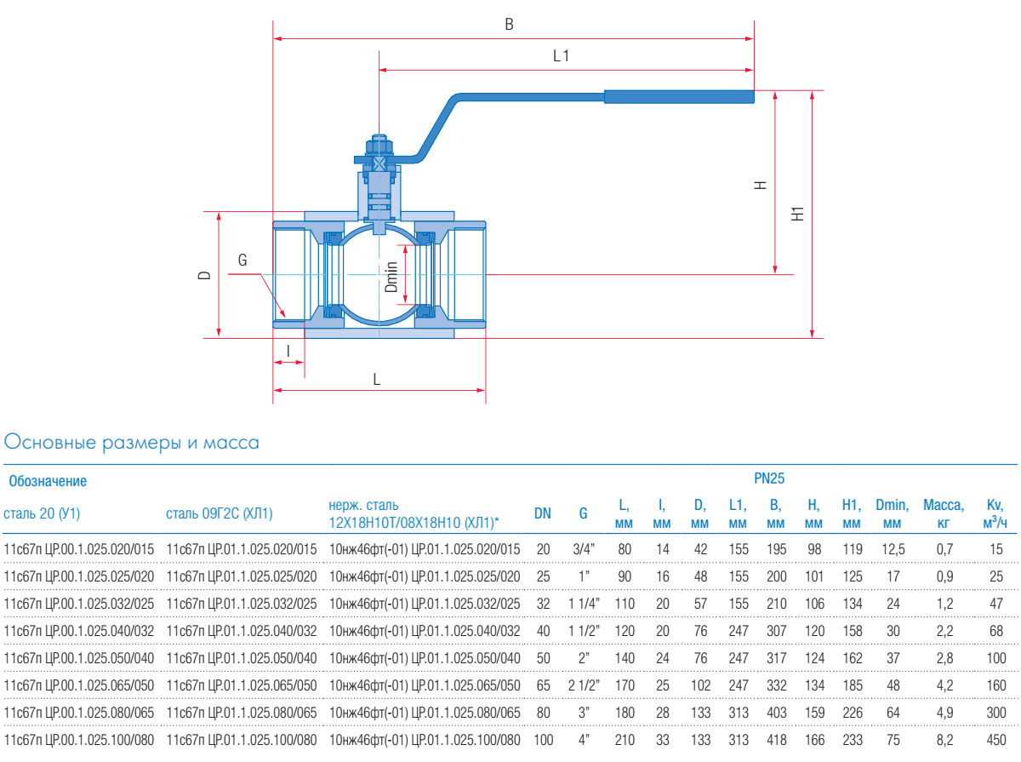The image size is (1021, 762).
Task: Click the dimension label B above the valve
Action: click(509, 25)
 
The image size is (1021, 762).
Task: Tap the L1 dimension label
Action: click(561, 56)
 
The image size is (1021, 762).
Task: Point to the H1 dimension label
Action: click(797, 214)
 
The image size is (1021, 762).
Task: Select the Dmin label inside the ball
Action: click(391, 277)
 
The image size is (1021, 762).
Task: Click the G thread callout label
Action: click(242, 261)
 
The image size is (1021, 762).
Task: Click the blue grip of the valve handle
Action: click(679, 96)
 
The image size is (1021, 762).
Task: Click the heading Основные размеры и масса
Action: click(132, 443)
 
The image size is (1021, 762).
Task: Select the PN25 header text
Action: click(768, 480)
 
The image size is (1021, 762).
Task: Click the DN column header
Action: click(542, 513)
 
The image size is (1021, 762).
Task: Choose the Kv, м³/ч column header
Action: click(995, 513)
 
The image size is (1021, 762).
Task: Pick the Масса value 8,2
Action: click(944, 741)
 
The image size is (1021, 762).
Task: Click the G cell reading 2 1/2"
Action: click(584, 686)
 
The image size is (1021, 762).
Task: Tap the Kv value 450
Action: click(995, 741)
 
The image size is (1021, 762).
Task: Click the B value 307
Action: click(775, 632)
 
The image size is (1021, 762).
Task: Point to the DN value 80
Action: click(542, 713)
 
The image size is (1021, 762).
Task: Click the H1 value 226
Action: click(851, 713)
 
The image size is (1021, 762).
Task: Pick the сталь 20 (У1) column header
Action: click(42, 513)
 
